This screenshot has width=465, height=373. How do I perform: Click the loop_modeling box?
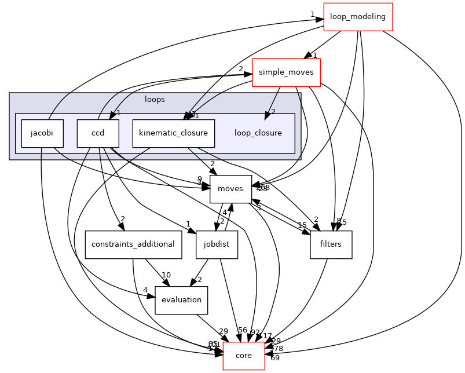358,16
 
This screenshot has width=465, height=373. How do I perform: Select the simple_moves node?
286,72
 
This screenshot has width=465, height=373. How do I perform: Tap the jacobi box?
42,133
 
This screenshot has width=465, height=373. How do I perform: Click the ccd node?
97,133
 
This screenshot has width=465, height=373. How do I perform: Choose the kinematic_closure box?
173,133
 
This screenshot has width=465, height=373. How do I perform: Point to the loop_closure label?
258,133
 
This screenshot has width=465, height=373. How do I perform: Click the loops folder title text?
155,99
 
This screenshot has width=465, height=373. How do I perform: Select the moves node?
230,189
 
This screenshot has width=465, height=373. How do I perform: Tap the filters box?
331,244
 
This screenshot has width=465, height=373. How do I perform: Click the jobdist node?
217,244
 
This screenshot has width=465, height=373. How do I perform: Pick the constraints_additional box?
133,244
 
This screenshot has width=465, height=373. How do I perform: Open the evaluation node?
181,299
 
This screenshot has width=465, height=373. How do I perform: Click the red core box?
244,355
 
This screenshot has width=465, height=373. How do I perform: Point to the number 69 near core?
275,358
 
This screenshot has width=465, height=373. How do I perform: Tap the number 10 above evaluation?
166,275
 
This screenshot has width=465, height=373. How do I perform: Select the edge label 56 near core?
243,330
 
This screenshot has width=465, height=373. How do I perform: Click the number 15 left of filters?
302,225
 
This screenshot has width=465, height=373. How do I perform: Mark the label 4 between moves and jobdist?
225,213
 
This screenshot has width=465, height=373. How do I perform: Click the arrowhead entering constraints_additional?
123,227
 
